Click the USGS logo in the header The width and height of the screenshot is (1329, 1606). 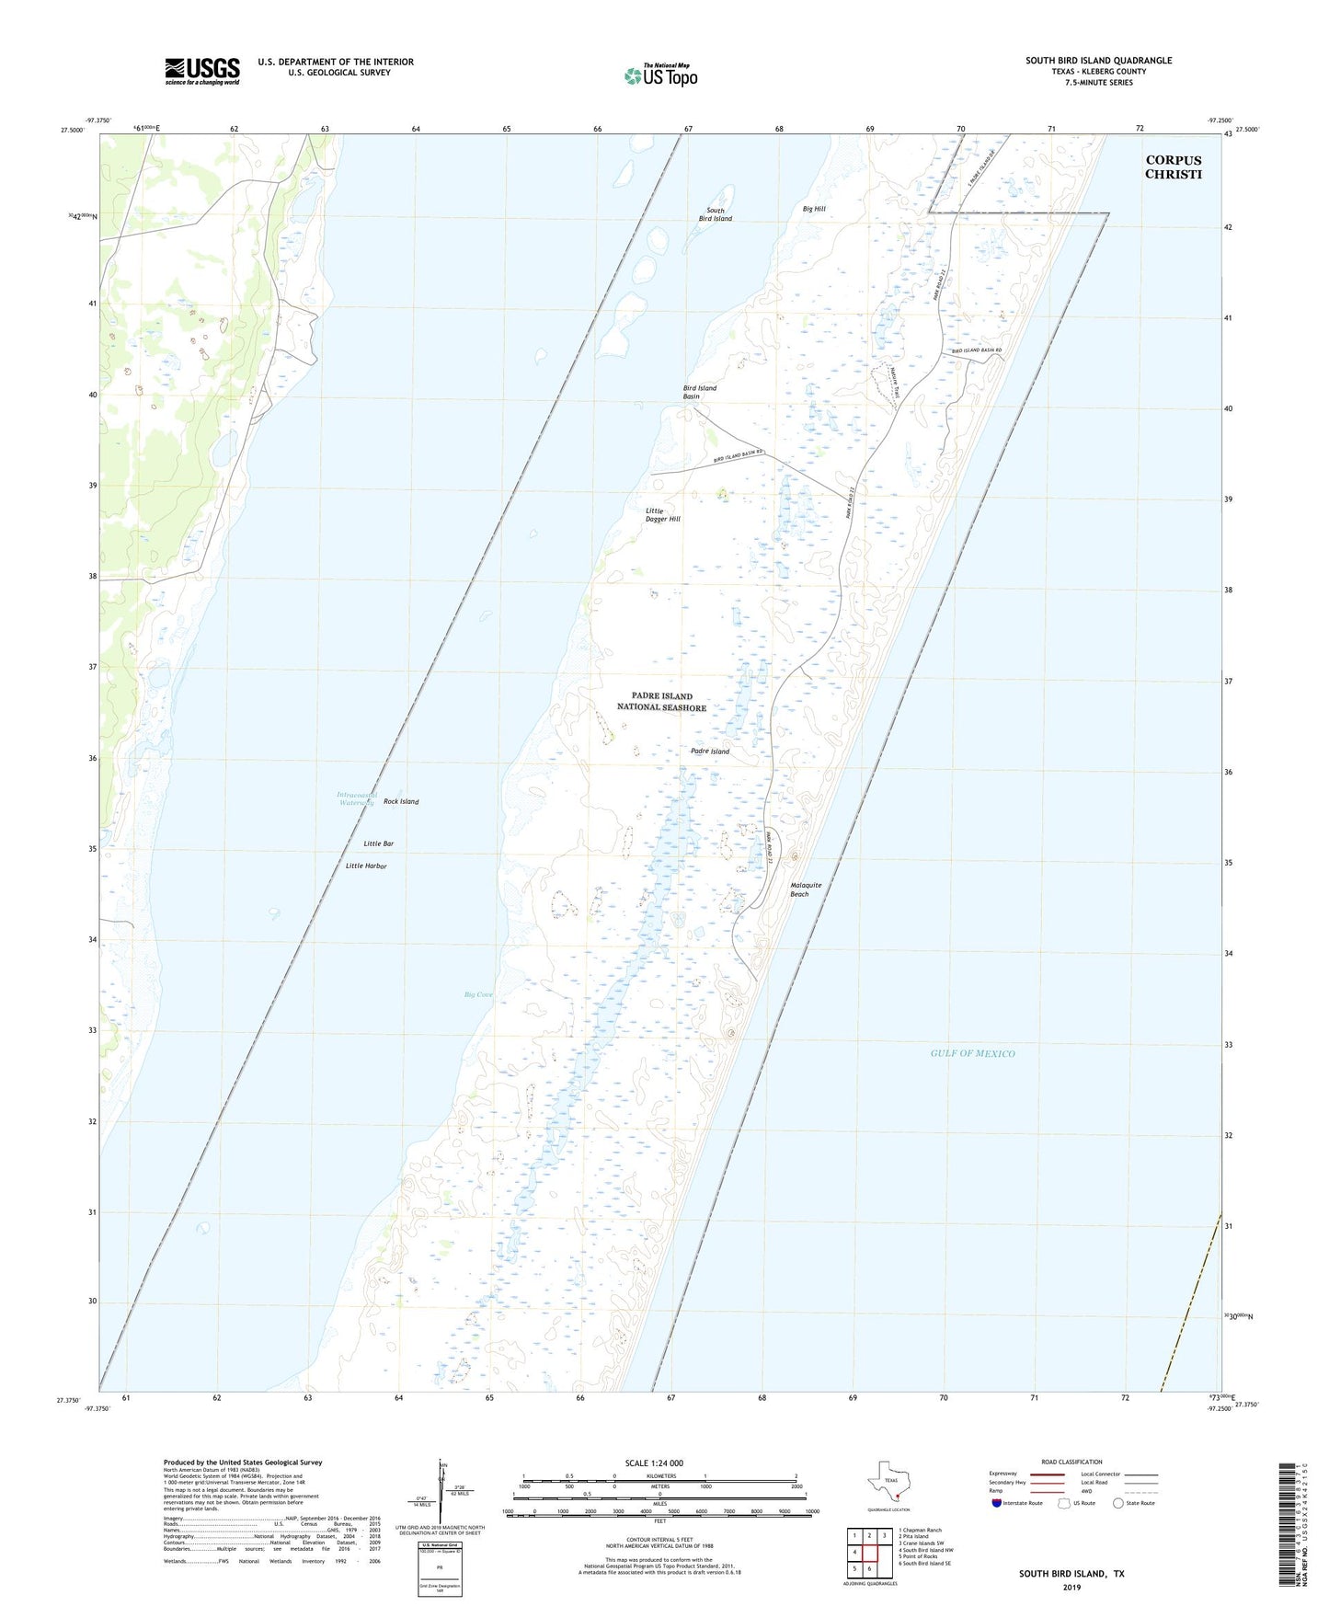coord(202,71)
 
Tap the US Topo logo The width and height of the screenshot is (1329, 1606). coord(660,75)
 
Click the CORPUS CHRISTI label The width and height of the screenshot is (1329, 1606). coord(1173,167)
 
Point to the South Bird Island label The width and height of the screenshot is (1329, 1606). coord(715,215)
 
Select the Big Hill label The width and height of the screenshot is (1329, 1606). coord(814,210)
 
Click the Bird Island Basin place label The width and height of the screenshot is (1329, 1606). coord(699,393)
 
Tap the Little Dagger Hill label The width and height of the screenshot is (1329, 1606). coord(662,515)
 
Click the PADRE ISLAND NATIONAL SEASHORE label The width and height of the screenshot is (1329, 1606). coord(662,702)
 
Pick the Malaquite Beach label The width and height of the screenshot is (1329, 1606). coord(806,889)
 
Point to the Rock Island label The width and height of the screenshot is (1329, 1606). coord(401,802)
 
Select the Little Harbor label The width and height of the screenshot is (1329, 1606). coord(366,866)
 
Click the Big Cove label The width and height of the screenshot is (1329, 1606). coord(478,994)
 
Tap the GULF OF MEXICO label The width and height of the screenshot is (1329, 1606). coord(972,1053)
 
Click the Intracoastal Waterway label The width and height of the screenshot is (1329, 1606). coord(356,798)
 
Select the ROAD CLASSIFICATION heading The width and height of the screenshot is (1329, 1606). coord(1071,1462)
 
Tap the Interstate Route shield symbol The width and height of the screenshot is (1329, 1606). coord(997,1503)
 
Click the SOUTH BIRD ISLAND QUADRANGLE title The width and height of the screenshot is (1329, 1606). coord(1098,61)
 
